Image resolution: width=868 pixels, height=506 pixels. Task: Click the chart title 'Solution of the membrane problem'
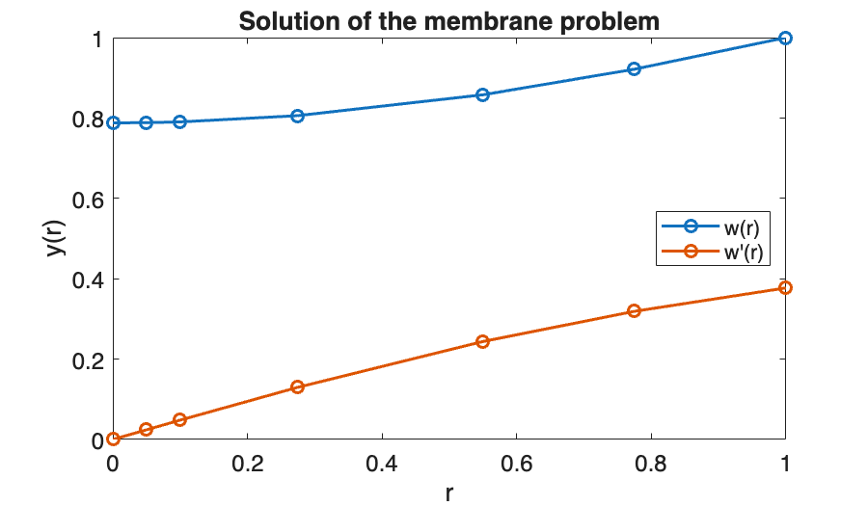[x=448, y=20]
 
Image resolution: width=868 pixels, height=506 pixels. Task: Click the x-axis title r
[x=449, y=493]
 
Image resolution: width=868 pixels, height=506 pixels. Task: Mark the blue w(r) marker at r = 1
[x=785, y=38]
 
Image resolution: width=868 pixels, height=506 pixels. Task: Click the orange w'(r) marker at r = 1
[x=785, y=288]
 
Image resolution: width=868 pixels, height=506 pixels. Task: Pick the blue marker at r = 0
[x=114, y=123]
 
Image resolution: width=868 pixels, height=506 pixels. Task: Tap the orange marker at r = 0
[x=114, y=439]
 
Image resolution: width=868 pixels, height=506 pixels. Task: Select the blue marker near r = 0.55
[x=483, y=94]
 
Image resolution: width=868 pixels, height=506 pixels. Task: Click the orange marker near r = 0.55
[x=483, y=341]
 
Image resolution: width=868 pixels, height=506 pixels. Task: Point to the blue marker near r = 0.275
[x=298, y=116]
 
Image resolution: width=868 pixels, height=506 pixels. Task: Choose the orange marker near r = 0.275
[x=298, y=386]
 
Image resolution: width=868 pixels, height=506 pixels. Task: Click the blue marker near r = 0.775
[x=634, y=69]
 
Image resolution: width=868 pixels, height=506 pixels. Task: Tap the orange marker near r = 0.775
[x=634, y=310]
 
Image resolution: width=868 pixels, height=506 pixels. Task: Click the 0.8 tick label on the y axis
[x=92, y=119]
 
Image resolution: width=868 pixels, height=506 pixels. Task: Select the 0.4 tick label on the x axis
[x=382, y=463]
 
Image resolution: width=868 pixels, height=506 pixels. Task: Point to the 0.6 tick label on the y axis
[x=92, y=199]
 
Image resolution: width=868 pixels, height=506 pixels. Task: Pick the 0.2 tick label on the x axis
[x=248, y=463]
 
